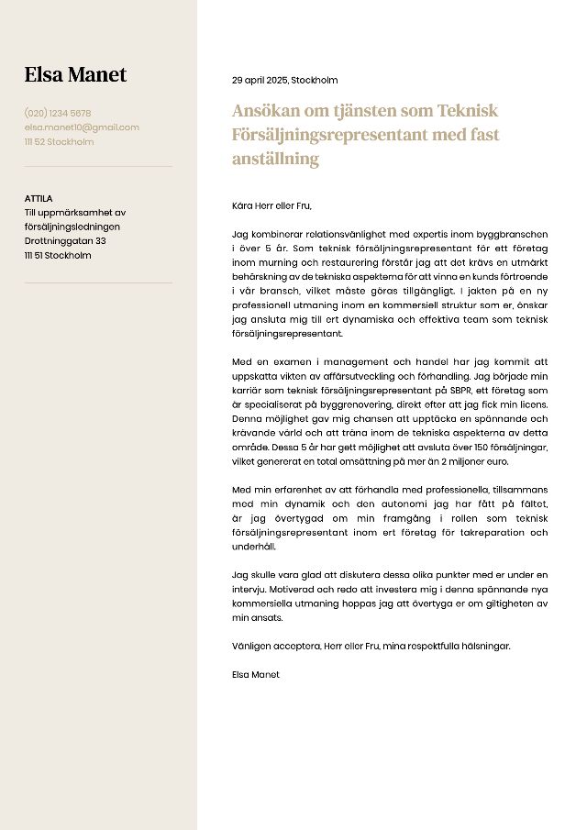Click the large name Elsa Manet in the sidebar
coord(75,75)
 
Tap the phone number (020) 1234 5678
coord(58,113)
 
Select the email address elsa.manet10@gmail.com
coord(82,127)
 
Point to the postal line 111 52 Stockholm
coord(59,142)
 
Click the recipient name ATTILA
coord(39,198)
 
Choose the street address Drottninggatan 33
coord(65,241)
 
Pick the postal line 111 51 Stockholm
coord(58,256)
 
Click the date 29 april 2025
coord(259,80)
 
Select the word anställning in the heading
coord(275,159)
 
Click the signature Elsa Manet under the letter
coord(256,674)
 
